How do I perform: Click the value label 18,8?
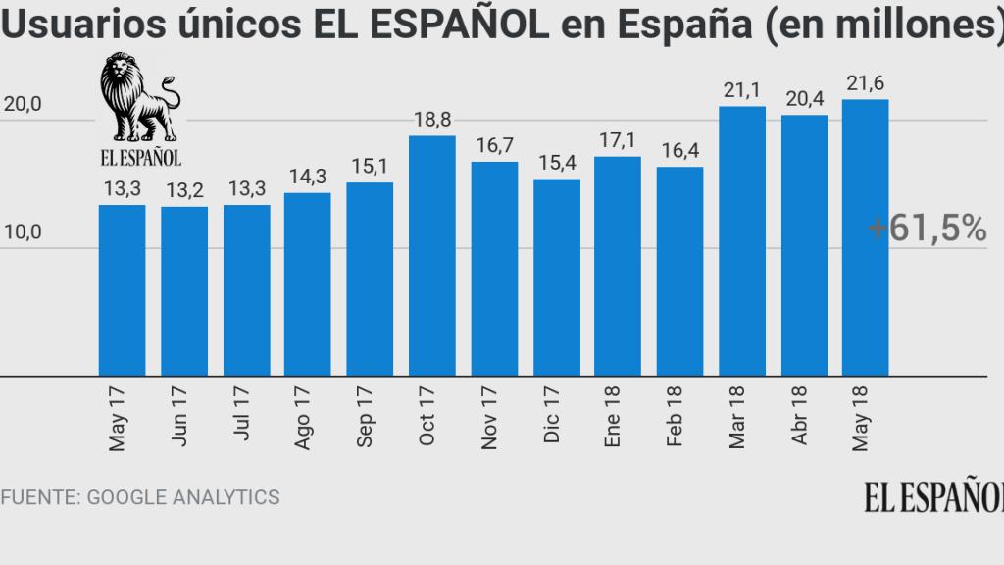[x=431, y=120]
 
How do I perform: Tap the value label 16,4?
[x=679, y=152]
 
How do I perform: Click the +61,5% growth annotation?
[x=926, y=229]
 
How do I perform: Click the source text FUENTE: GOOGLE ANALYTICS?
[x=140, y=497]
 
